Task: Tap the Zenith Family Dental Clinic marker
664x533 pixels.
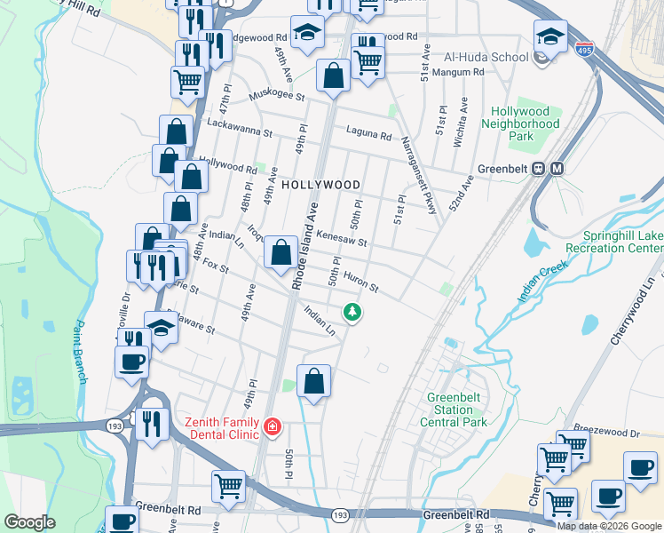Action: pos(272,429)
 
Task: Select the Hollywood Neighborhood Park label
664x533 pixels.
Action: pos(526,124)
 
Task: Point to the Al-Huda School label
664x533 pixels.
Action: pos(485,57)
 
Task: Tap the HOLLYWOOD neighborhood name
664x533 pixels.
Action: pos(321,185)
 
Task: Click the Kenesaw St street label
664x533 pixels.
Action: pos(342,240)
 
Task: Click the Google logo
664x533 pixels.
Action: pos(30,522)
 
